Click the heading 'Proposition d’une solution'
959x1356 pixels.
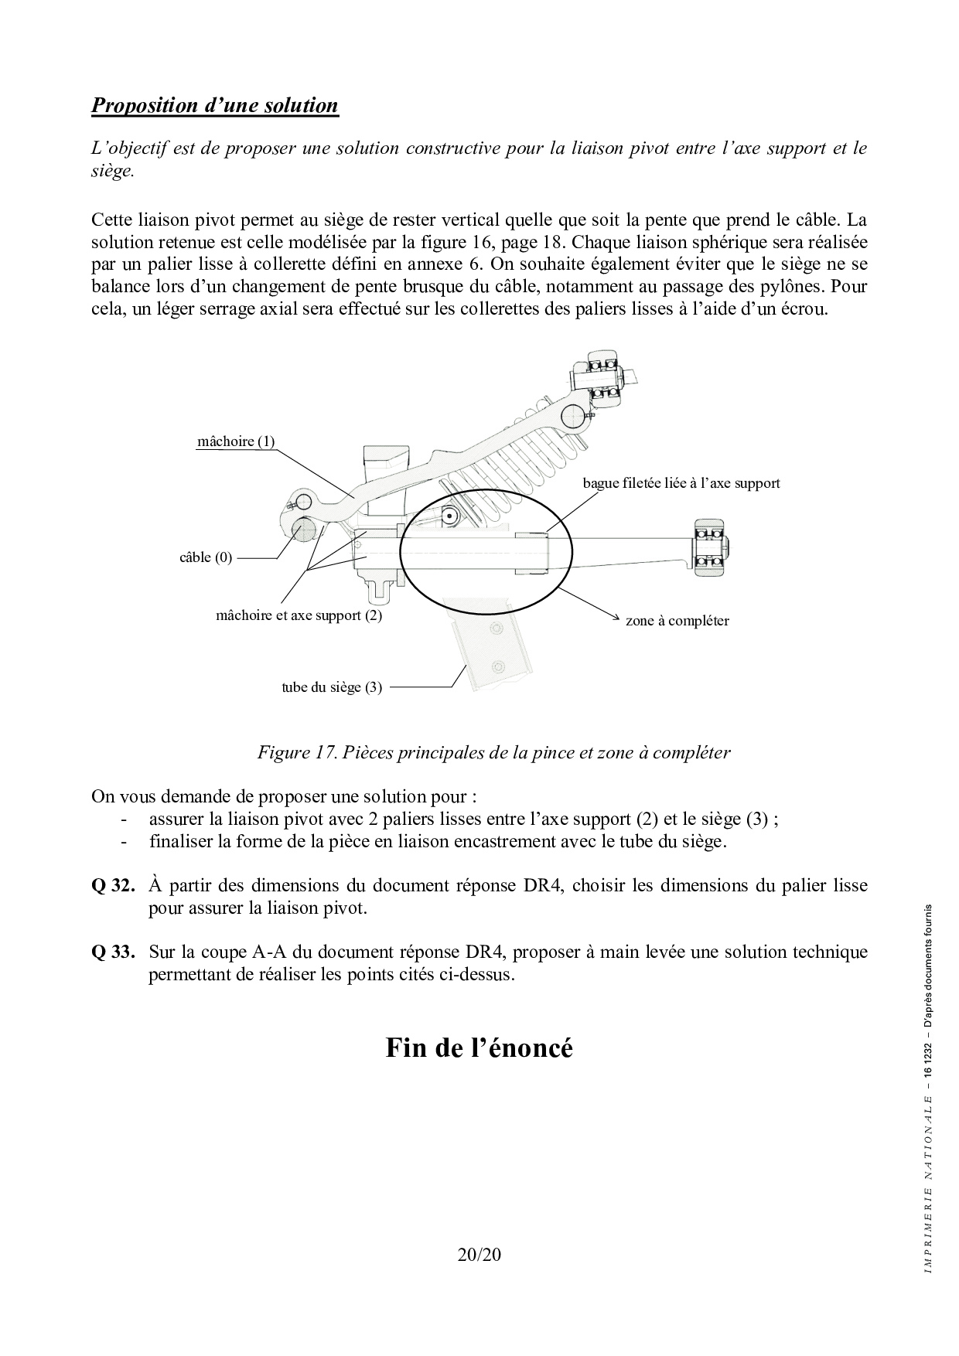coord(215,105)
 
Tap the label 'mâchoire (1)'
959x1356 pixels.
coord(236,441)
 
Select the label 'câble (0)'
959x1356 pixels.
coord(206,557)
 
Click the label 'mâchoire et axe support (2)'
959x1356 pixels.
coord(299,615)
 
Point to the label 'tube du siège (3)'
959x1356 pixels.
coord(332,687)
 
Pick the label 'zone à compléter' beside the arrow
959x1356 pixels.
coord(677,621)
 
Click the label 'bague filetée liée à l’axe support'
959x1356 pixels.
coord(681,483)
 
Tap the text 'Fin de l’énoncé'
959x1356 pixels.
coord(479,1048)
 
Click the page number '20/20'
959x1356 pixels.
coord(479,1255)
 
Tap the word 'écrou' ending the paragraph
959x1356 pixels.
coord(804,309)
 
